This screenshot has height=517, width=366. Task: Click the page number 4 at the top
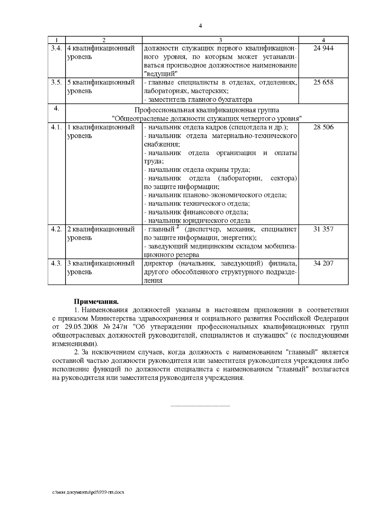click(x=200, y=26)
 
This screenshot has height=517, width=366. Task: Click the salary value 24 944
click(x=323, y=48)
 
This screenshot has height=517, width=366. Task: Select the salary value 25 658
click(x=323, y=82)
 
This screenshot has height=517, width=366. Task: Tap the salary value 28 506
click(x=323, y=127)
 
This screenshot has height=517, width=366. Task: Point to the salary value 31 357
click(x=323, y=229)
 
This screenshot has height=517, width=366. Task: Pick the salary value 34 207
click(x=323, y=263)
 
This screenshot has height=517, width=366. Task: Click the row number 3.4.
click(x=56, y=48)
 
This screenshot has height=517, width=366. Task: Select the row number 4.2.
click(x=56, y=229)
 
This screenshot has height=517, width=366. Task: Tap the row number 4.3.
click(x=56, y=263)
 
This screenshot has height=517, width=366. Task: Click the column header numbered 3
click(x=220, y=40)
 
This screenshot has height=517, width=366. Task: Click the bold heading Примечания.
click(x=96, y=302)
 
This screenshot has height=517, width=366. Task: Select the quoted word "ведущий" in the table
click(x=160, y=74)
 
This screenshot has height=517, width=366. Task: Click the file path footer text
click(x=88, y=492)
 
